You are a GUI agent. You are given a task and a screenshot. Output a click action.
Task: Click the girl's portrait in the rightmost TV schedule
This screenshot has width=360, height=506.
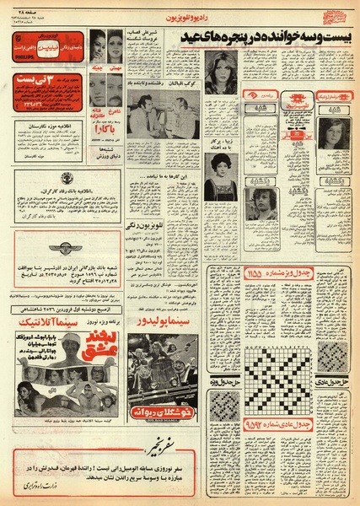tap(327, 135)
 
